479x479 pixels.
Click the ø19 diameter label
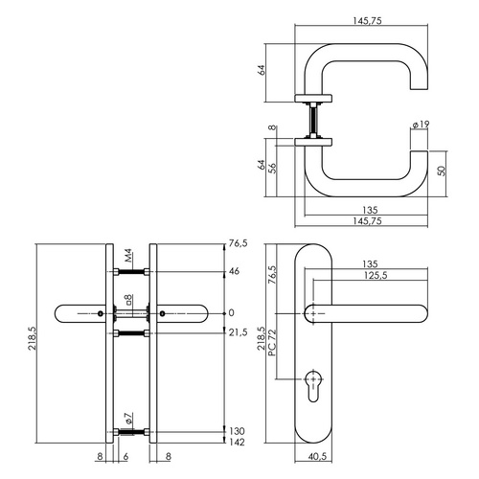pyautogui.click(x=421, y=125)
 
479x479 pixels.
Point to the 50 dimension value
pyautogui.click(x=441, y=171)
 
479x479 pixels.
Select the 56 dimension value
pyautogui.click(x=272, y=168)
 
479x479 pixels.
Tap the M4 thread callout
pyautogui.click(x=128, y=257)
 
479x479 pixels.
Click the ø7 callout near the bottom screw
pyautogui.click(x=128, y=418)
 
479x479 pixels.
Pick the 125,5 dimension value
pyautogui.click(x=376, y=275)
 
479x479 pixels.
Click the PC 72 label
pyautogui.click(x=272, y=343)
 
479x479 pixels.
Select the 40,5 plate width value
pyautogui.click(x=317, y=457)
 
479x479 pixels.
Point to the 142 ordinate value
pyautogui.click(x=238, y=442)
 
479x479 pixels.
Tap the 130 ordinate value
pyautogui.click(x=238, y=431)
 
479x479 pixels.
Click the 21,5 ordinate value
pyautogui.click(x=239, y=332)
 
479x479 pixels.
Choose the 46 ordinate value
pyautogui.click(x=234, y=271)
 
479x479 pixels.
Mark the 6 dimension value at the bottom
pyautogui.click(x=125, y=457)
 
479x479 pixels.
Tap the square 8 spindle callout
pyautogui.click(x=128, y=300)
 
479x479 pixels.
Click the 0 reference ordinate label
pyautogui.click(x=232, y=313)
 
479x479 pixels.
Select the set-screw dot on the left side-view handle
pyautogui.click(x=101, y=313)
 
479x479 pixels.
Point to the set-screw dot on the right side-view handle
pyautogui.click(x=162, y=313)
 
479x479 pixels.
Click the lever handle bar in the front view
pyautogui.click(x=366, y=314)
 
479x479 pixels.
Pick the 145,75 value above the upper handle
pyautogui.click(x=367, y=21)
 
